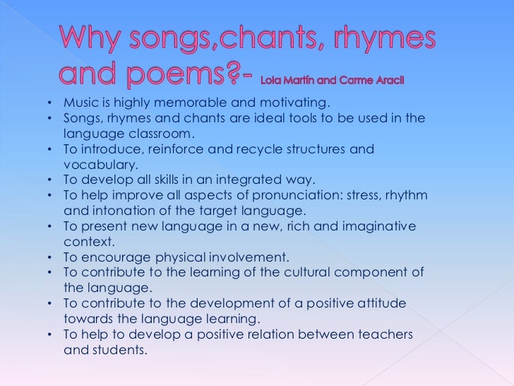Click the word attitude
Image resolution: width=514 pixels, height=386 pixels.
pyautogui.click(x=381, y=303)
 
